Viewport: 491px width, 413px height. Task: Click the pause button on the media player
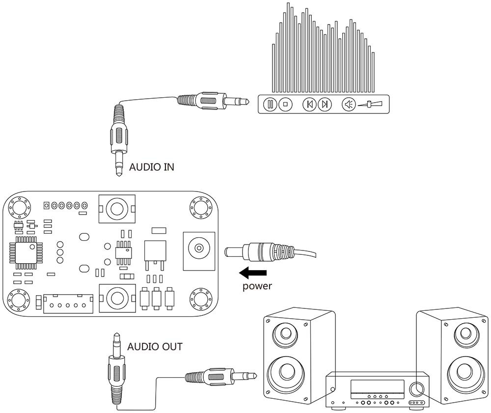[270, 104]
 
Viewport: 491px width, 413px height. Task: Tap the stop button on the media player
[285, 104]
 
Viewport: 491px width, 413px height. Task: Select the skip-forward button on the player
[325, 104]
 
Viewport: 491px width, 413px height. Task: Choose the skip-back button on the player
[309, 104]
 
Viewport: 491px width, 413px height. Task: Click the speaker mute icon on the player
[349, 104]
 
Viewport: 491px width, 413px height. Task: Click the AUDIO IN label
[151, 167]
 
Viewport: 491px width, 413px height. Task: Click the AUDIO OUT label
[155, 347]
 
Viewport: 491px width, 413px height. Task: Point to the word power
[257, 286]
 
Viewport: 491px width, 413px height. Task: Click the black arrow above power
[253, 273]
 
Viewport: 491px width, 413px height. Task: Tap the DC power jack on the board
[199, 248]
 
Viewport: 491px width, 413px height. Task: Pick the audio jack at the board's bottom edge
[117, 297]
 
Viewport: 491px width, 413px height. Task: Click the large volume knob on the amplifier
[418, 388]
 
